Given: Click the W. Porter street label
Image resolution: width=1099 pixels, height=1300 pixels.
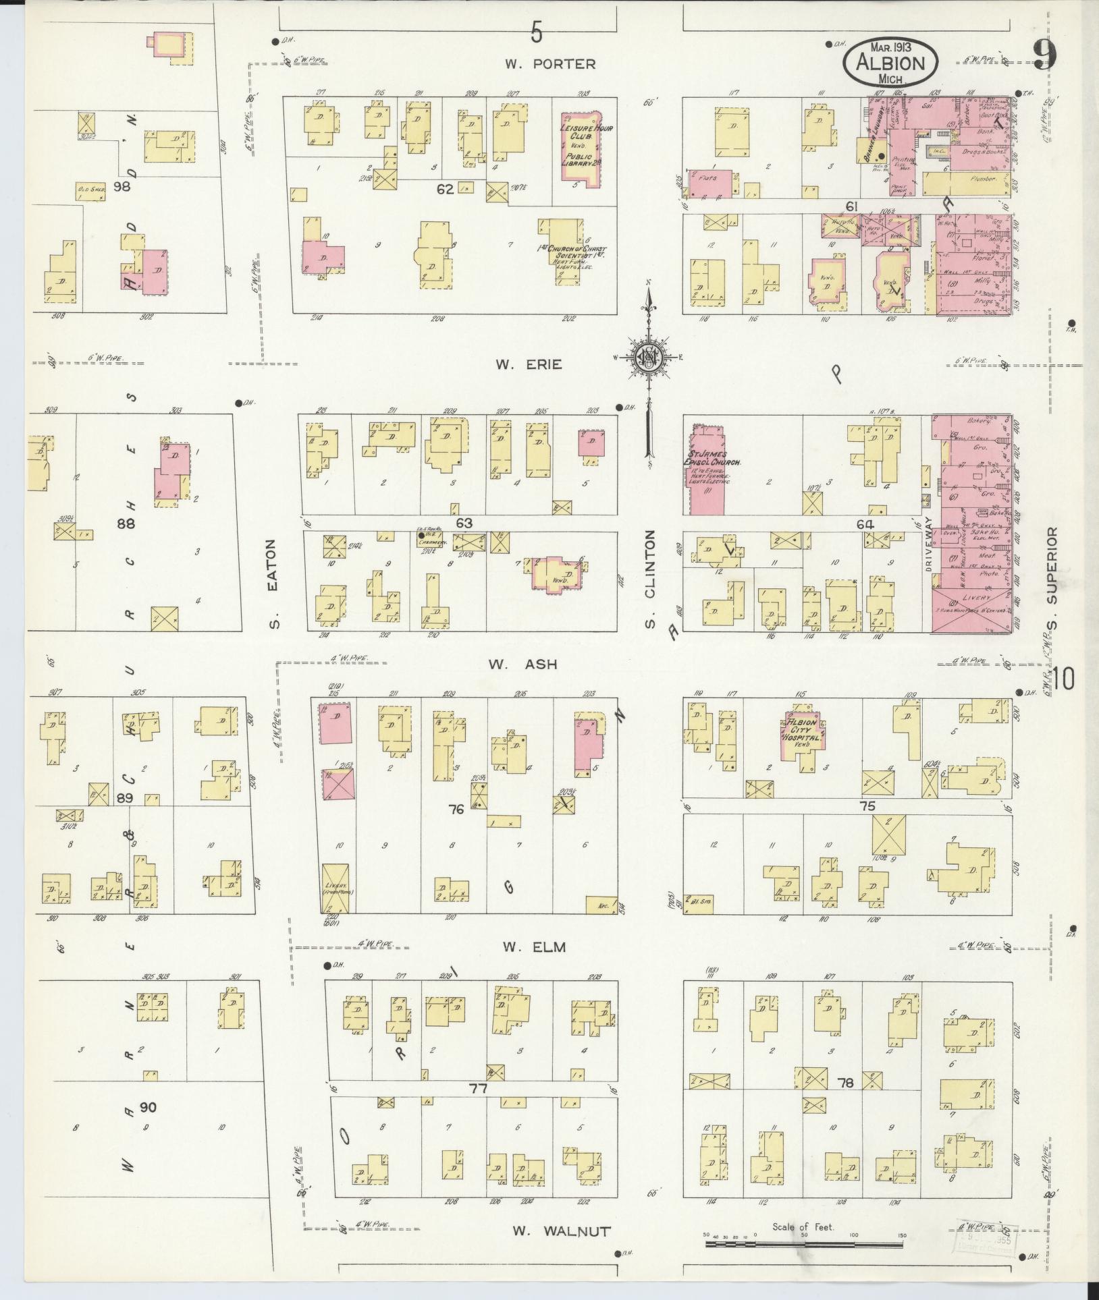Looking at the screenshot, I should click(550, 64).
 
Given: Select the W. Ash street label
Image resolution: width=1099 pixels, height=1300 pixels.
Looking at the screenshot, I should click(523, 664).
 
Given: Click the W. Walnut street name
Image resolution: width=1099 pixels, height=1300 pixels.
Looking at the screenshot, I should click(561, 1231).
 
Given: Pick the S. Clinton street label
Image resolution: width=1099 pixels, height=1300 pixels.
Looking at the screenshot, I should click(650, 578).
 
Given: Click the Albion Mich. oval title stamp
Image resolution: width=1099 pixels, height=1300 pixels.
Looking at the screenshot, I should click(890, 63).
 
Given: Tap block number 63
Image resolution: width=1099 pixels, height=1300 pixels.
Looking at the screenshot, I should click(464, 523).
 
